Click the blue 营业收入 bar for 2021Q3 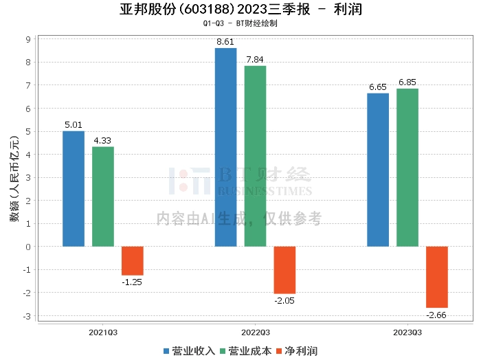coord(74,188)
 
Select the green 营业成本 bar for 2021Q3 coord(103,196)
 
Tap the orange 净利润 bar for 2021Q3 coord(133,260)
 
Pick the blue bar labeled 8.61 coord(225,147)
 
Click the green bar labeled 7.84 coord(255,156)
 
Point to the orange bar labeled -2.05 coord(284,270)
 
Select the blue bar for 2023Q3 coord(378,170)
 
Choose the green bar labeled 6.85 coord(407,167)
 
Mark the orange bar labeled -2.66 coord(437,277)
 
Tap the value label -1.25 coord(132,282)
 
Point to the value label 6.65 coord(378,87)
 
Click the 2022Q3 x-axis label coord(255,331)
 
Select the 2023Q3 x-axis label coord(407,331)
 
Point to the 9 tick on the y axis coord(28,39)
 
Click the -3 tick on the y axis coord(27,316)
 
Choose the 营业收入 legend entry coord(190,350)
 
